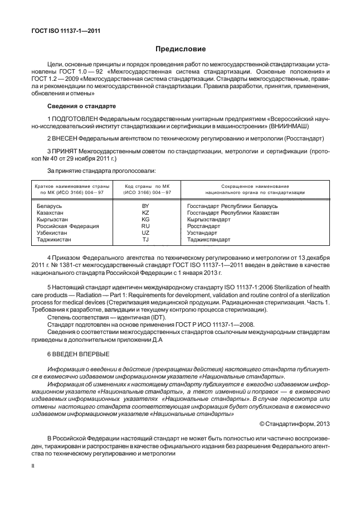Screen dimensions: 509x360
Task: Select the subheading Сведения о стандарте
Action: coord(81,105)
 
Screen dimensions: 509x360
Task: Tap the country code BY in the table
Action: coord(146,206)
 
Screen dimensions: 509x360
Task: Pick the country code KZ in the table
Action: coord(146,213)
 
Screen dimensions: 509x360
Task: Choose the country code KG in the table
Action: coord(146,220)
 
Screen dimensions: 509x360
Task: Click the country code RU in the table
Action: coord(146,226)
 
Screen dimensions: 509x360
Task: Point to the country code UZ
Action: coord(146,233)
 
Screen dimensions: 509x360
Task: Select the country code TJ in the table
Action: coord(146,240)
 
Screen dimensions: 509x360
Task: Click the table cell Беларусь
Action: coord(48,206)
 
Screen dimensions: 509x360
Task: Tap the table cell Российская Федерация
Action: coord(67,226)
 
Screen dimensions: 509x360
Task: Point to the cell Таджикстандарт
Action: coord(209,240)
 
